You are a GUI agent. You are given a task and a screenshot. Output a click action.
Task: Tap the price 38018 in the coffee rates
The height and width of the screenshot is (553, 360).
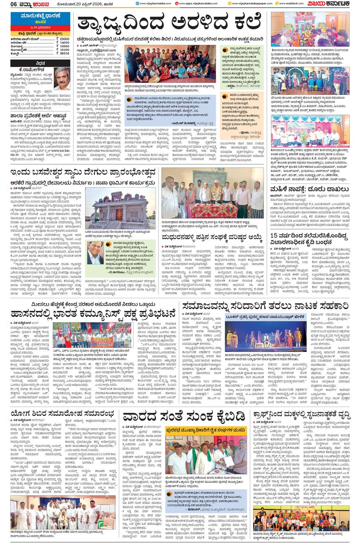[x=64, y=53]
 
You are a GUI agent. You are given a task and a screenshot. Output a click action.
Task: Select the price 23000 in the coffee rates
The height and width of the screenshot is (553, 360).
[x=64, y=39]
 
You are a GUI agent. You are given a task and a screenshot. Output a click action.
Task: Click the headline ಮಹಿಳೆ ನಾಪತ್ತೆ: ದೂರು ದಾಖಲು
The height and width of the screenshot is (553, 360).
[x=309, y=189]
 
